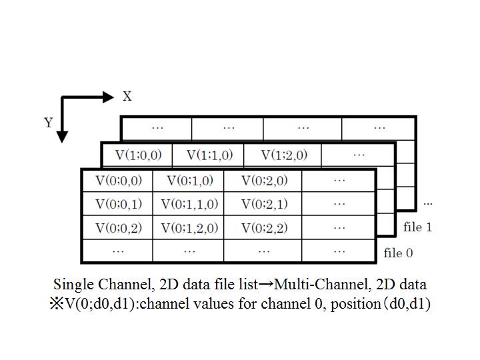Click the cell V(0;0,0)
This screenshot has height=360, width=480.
click(x=118, y=181)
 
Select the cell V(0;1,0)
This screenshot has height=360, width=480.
click(x=189, y=181)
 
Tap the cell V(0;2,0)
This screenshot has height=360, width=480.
click(x=264, y=181)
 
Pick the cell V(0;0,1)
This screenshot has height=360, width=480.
click(x=118, y=204)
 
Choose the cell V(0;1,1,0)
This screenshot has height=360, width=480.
click(x=189, y=204)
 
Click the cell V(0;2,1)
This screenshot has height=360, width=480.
click(x=264, y=204)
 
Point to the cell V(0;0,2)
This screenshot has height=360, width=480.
click(x=118, y=228)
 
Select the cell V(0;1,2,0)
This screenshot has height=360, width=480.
click(x=189, y=228)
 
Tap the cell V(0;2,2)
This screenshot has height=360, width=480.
click(x=264, y=228)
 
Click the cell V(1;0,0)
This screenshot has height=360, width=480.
click(x=138, y=155)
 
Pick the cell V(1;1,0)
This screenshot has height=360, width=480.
click(x=209, y=155)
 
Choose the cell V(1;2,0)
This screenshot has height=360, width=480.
click(x=284, y=155)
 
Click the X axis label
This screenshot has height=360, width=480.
click(x=127, y=97)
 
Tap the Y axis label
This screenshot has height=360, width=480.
click(x=48, y=123)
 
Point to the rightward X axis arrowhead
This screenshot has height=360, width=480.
click(x=109, y=97)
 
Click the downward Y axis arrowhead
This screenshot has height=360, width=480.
click(x=62, y=137)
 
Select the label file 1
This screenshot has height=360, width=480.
click(x=417, y=227)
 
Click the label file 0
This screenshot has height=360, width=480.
click(x=398, y=253)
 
